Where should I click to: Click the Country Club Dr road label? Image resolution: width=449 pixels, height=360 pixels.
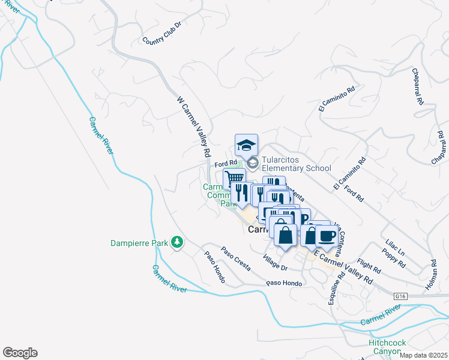click(x=161, y=34)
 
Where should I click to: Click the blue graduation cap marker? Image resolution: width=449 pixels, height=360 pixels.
click(x=246, y=145)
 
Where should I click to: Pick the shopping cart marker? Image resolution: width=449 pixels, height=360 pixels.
click(x=234, y=178)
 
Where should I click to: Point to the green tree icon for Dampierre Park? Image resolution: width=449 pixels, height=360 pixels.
click(x=176, y=242)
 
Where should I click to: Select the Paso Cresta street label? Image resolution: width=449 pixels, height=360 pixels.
click(x=235, y=259)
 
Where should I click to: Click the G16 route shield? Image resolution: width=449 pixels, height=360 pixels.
click(x=401, y=296)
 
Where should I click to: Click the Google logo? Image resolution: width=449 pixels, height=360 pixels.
click(x=20, y=353)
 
